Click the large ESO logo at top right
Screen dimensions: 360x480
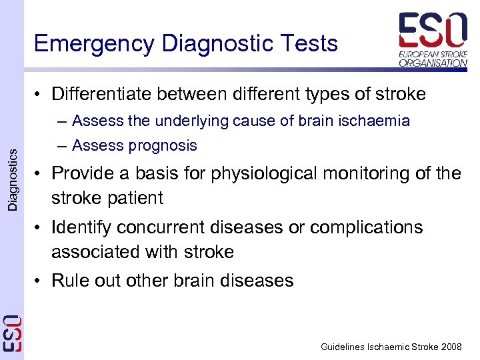[x=433, y=31]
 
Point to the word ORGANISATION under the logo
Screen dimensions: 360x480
[x=433, y=63]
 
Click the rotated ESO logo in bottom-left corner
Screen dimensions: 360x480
[x=13, y=333]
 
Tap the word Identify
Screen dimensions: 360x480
[x=83, y=227]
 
